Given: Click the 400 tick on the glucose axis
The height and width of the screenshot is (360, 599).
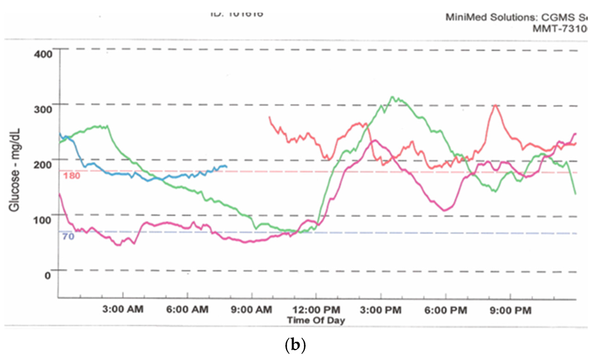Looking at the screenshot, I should point(44,53).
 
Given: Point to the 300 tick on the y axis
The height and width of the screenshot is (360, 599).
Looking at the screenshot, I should point(44,108).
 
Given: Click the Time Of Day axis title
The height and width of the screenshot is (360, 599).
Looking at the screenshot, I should point(316,320).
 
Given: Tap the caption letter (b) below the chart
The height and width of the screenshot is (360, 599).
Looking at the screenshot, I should point(298,345).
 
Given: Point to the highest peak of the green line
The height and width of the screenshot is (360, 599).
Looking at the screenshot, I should point(393,97).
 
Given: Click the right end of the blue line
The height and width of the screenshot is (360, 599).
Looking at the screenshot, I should point(226,166).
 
